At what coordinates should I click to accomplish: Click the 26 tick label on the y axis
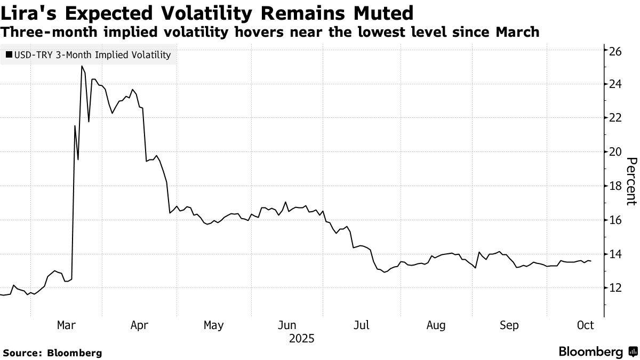click(x=615, y=51)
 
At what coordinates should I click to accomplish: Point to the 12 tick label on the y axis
click(x=615, y=288)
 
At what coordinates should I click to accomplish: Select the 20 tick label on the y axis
click(x=615, y=151)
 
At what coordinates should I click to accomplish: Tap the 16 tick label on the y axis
click(x=615, y=220)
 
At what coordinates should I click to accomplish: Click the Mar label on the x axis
click(x=66, y=325)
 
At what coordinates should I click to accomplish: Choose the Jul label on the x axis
click(x=363, y=325)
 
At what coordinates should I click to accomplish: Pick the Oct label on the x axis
click(x=586, y=325)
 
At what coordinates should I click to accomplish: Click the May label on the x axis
click(x=214, y=325)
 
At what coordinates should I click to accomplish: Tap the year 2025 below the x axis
click(x=302, y=339)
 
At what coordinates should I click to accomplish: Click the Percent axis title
click(x=631, y=181)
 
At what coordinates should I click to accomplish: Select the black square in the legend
click(x=9, y=55)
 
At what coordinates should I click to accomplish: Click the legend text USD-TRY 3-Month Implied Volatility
click(x=92, y=55)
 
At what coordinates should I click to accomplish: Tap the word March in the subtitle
click(x=517, y=32)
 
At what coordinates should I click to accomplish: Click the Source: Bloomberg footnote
click(x=52, y=353)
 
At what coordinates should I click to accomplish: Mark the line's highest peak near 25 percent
click(x=82, y=66)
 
